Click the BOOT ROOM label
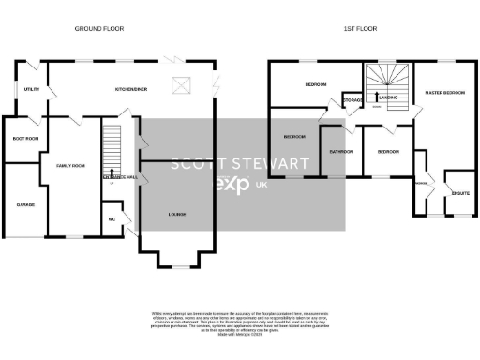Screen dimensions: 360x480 coord(25,138)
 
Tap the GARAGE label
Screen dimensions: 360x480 coord(25,203)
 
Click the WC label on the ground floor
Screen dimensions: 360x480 coord(113,218)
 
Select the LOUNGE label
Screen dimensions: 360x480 coord(176,215)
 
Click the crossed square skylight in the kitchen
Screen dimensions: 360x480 coord(181,87)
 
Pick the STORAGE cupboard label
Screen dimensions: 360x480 coord(353,98)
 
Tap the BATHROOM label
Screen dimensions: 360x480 coord(340,151)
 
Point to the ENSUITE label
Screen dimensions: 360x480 coord(459,193)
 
